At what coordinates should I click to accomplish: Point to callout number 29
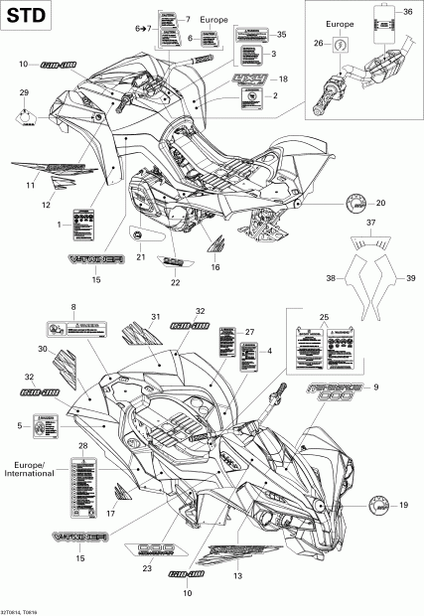(x=24, y=92)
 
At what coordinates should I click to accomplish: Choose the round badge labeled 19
(x=381, y=506)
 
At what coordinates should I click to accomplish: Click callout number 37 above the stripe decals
(x=371, y=252)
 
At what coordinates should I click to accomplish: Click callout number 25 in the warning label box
(x=323, y=317)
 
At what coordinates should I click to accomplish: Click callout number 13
(x=238, y=575)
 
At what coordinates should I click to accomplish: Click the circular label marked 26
(x=341, y=46)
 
